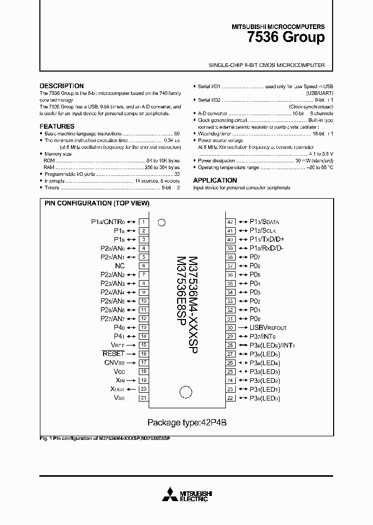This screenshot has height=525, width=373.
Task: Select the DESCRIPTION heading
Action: tap(62, 86)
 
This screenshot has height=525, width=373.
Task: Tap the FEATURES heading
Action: tap(57, 126)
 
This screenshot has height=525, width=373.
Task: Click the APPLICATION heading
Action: tap(215, 181)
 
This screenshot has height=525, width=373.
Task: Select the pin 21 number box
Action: tap(143, 398)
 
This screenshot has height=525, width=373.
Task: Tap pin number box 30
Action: tap(231, 328)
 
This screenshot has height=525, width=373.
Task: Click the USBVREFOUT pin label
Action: tap(268, 328)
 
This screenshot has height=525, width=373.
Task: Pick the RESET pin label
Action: tap(113, 354)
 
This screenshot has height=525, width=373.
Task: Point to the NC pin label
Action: tap(120, 266)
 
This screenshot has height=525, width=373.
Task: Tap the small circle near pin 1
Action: tap(161, 223)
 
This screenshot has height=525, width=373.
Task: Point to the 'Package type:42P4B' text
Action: tap(187, 422)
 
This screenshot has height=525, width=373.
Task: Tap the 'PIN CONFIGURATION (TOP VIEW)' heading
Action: tap(97, 203)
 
